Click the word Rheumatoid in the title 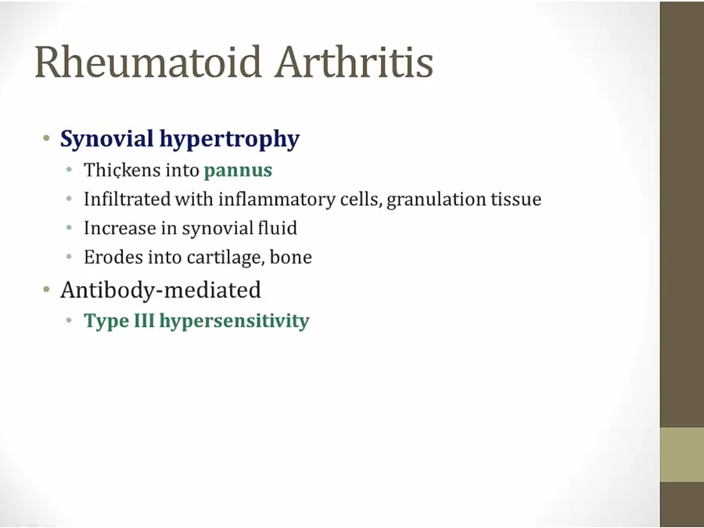148,62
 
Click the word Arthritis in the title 354,62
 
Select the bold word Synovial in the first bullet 107,138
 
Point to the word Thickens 122,171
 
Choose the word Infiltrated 127,199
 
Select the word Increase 120,228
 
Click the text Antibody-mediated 160,289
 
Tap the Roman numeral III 143,321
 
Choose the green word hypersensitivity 235,321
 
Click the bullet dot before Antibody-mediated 47,290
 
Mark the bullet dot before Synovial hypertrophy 47,138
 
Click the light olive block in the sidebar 682,454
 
